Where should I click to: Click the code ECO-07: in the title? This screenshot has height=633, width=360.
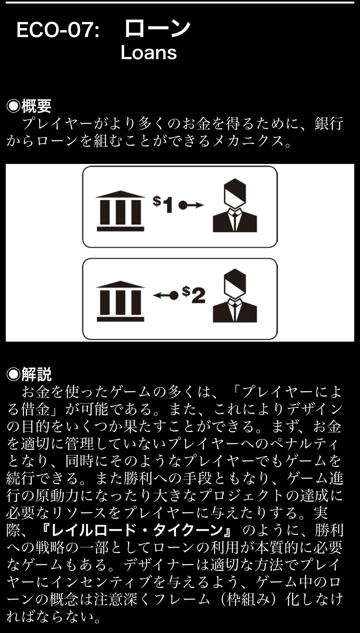(58, 30)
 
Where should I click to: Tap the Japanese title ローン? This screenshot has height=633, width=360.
(157, 28)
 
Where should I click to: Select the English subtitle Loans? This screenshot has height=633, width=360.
(148, 53)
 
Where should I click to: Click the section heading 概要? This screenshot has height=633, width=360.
(36, 106)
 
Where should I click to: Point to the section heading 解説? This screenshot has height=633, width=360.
(36, 374)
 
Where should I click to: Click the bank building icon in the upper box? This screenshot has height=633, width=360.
(120, 211)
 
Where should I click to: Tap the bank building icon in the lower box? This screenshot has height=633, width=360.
(120, 301)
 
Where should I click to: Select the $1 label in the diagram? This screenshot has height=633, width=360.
(163, 204)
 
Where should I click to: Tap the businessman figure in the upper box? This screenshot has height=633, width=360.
(235, 205)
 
